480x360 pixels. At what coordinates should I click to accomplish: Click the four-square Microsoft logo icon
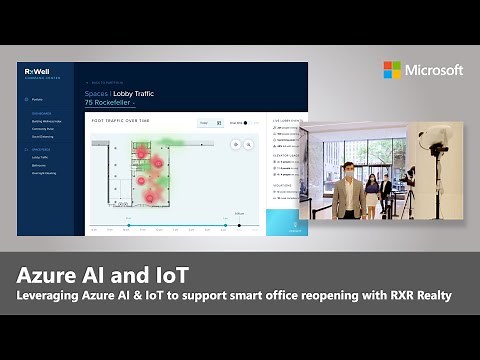(x=393, y=70)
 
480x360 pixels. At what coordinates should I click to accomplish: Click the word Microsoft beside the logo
(x=434, y=70)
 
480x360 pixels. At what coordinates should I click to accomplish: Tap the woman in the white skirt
(x=371, y=195)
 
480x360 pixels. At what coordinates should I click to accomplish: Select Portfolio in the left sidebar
(x=37, y=100)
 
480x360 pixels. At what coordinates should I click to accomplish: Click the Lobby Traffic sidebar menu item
(x=41, y=157)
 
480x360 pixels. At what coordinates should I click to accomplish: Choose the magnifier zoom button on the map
(x=249, y=144)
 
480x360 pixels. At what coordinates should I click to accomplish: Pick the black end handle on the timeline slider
(x=240, y=224)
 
